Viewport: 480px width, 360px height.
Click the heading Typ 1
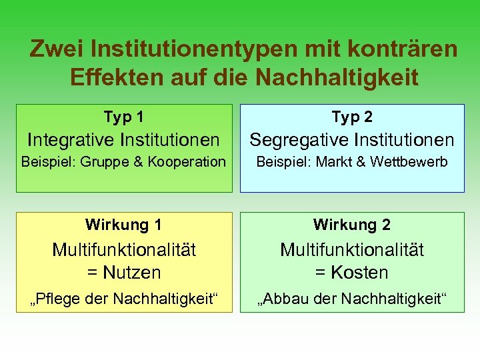[x=123, y=117]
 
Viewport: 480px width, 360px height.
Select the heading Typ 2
[x=352, y=117]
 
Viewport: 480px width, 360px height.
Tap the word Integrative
[x=70, y=140]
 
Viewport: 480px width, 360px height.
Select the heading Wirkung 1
[x=123, y=225]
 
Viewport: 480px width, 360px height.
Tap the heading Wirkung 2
[x=352, y=225]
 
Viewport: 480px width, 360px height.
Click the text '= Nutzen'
[x=123, y=273]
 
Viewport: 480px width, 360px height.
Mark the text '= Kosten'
[x=352, y=273]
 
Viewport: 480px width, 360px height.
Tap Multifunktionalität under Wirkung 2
[x=352, y=250]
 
